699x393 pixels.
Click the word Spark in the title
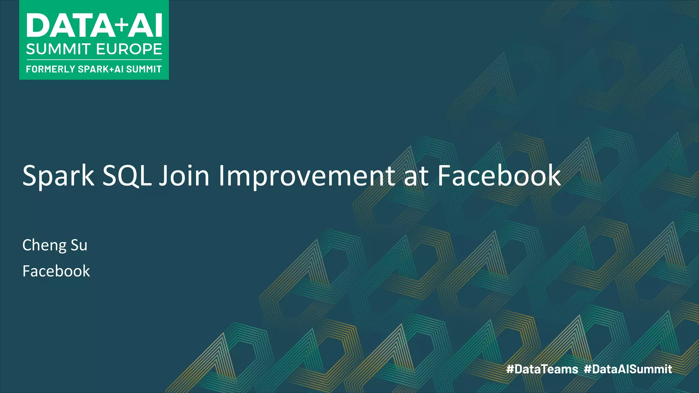58,176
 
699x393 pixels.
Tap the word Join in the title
184,176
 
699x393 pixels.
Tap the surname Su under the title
79,245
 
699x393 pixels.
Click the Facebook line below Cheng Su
56,271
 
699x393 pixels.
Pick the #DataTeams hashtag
542,369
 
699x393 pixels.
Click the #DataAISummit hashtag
628,369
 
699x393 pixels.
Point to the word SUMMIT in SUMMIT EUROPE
58,49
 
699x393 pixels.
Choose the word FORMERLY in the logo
51,69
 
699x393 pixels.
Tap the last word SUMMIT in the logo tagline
144,69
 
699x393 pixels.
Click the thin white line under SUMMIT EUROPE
94,60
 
